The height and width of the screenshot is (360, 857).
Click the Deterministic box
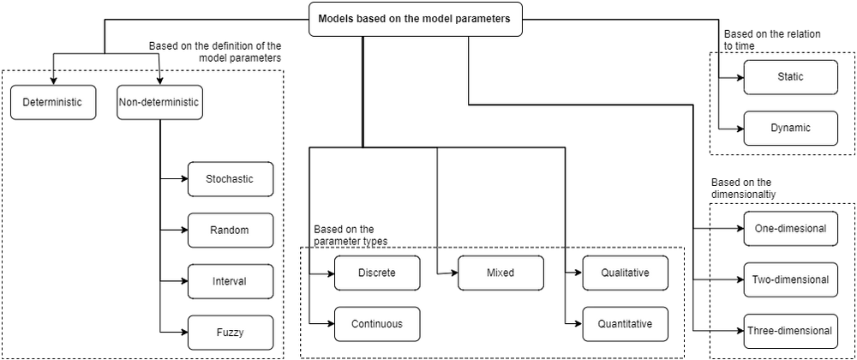point(53,102)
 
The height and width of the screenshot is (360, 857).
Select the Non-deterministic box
point(159,102)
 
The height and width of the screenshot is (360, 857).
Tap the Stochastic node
point(230,179)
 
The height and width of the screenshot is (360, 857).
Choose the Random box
point(230,230)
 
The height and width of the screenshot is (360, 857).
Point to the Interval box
point(230,281)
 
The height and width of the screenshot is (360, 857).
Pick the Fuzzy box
point(230,332)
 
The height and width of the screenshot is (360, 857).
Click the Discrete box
point(377,273)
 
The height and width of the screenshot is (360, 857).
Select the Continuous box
point(377,324)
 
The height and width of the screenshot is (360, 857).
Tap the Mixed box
point(500,273)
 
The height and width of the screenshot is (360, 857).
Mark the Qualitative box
point(625,273)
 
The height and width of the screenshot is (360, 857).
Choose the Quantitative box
point(625,324)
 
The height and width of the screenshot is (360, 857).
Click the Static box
point(790,76)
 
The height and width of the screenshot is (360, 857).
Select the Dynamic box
point(790,128)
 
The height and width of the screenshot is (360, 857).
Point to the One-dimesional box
point(790,229)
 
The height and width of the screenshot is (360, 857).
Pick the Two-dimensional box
point(790,279)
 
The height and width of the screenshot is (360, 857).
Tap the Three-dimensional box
point(790,331)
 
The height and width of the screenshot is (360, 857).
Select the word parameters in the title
point(483,18)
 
